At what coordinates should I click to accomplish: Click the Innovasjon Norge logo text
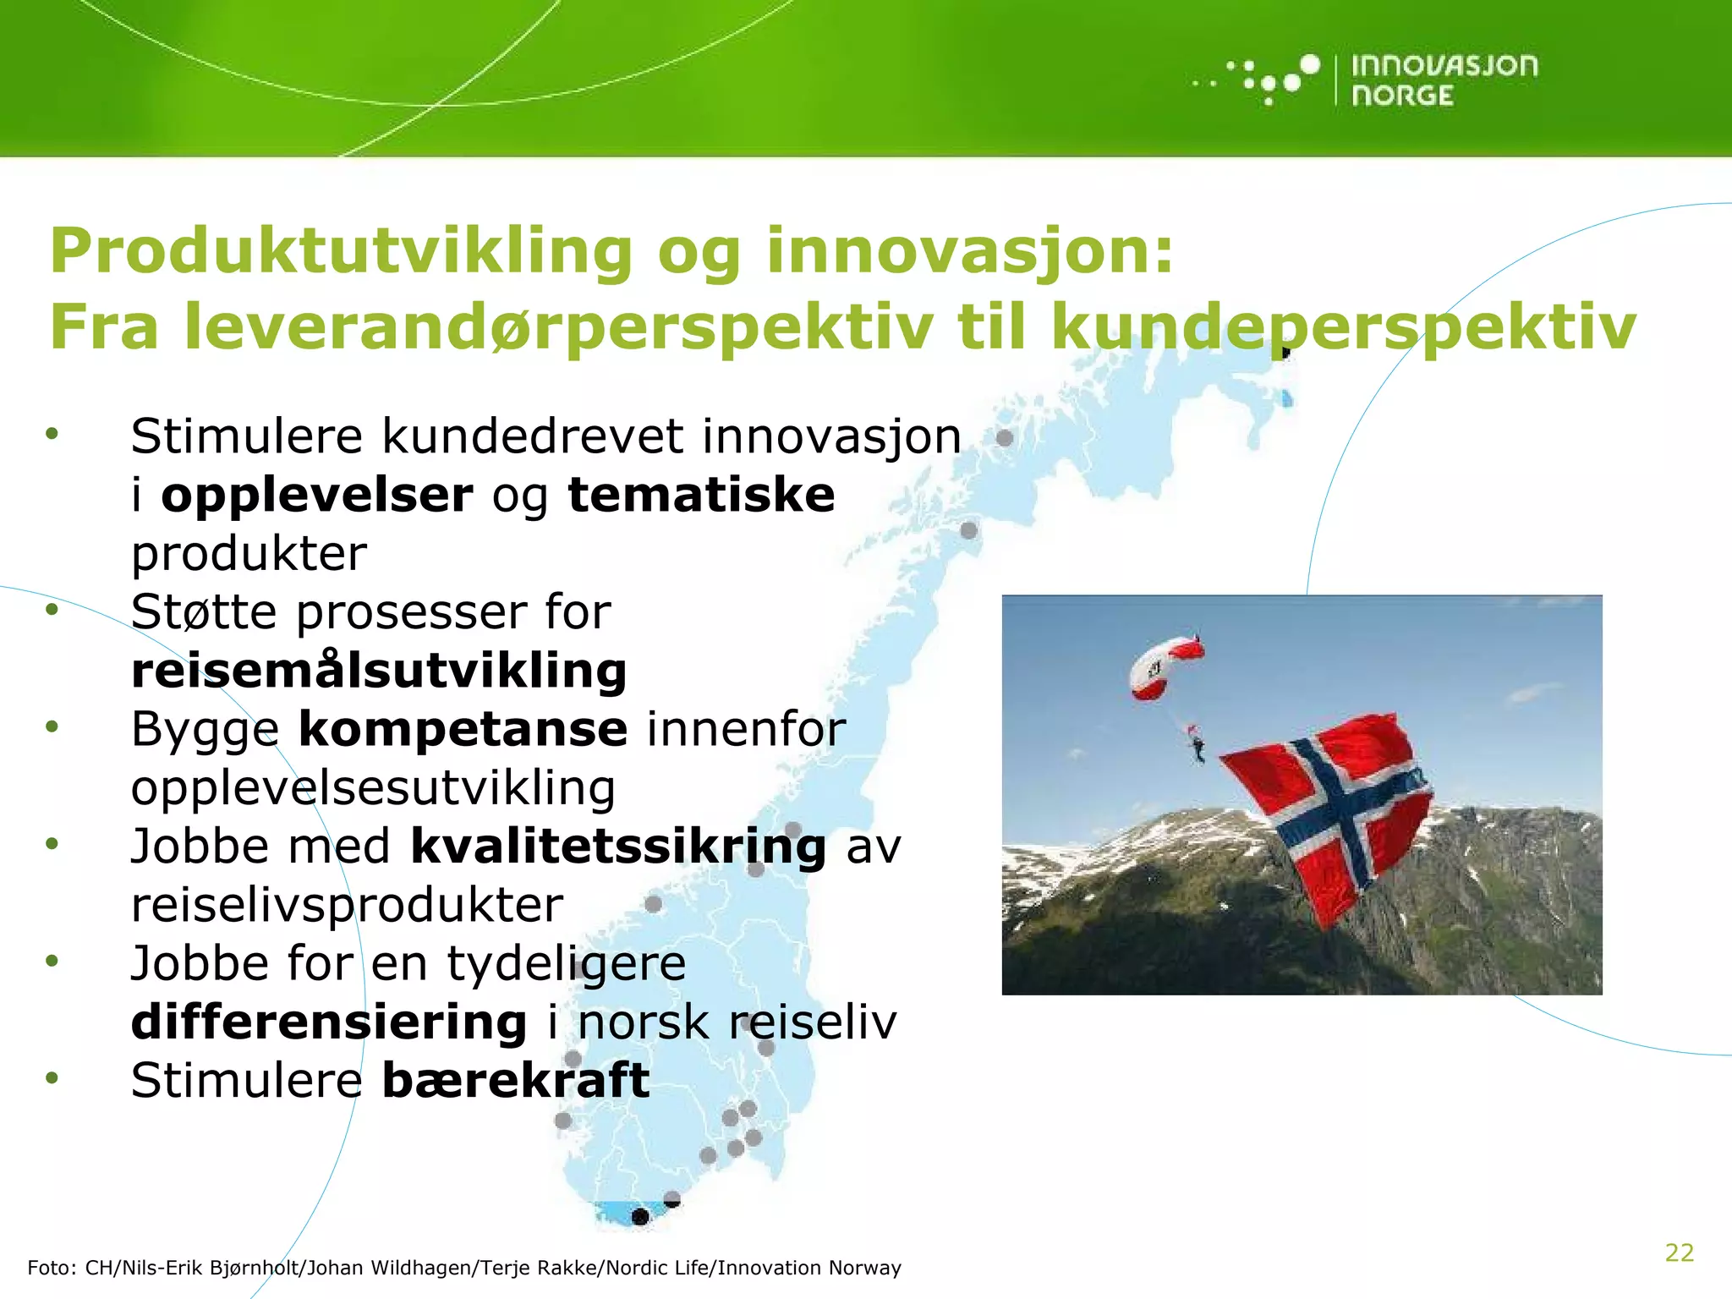1444,80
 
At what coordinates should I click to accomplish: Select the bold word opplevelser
316,495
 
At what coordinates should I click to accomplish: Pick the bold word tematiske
701,495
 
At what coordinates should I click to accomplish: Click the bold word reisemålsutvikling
379,671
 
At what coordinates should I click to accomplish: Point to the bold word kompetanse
463,729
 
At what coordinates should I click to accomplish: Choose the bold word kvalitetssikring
618,847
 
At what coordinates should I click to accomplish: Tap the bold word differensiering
329,1022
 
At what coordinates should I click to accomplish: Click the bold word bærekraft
516,1081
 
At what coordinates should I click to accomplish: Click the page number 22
1679,1252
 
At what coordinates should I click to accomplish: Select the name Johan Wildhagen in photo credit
392,1268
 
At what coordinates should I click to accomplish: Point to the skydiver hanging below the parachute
1198,747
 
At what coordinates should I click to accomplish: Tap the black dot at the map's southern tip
640,1217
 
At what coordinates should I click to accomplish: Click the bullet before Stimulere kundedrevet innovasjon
52,434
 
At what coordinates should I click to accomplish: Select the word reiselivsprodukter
347,905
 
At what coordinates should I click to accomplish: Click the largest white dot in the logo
1309,65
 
